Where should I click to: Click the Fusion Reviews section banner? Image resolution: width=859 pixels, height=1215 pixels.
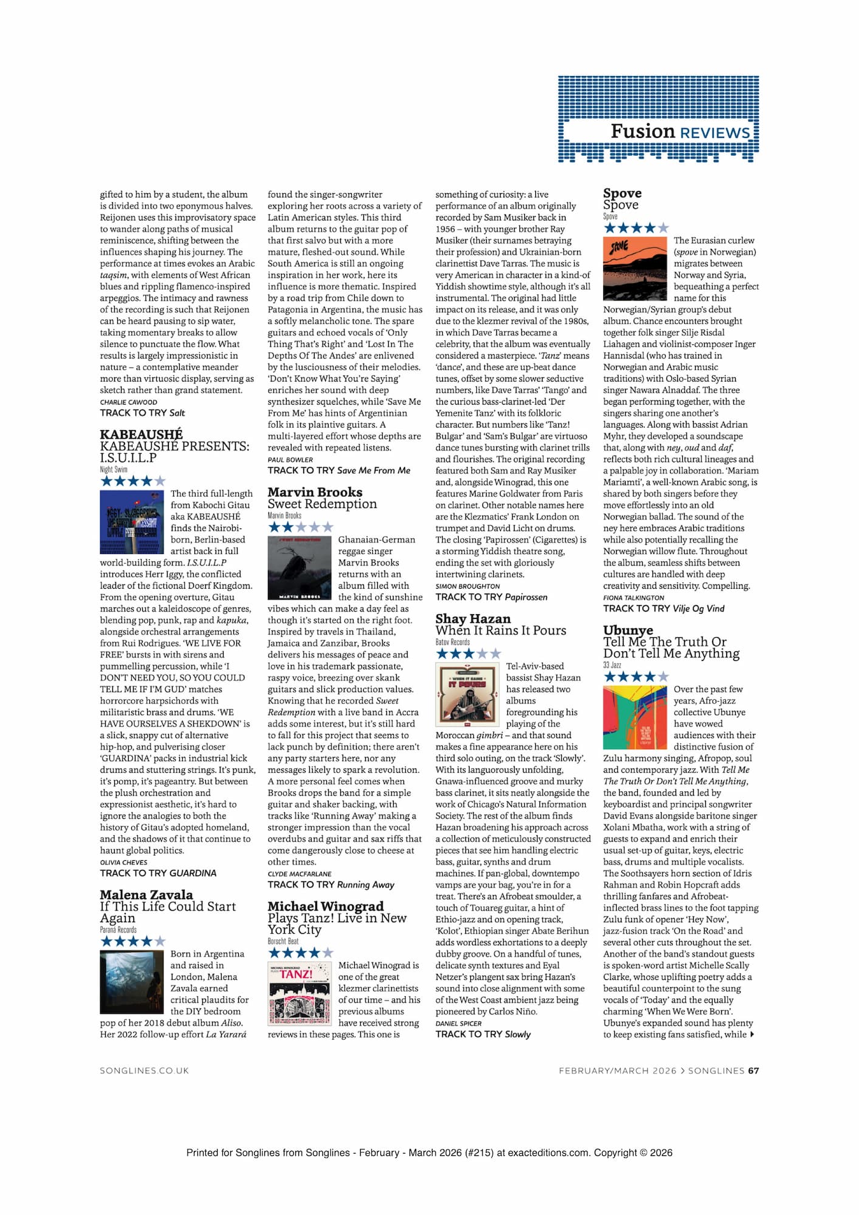coord(659,119)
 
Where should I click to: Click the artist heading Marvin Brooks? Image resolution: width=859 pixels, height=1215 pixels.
coord(315,492)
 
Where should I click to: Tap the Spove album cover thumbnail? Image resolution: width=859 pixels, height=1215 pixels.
coord(635,269)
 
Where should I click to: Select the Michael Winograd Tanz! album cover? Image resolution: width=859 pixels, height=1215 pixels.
coord(299,993)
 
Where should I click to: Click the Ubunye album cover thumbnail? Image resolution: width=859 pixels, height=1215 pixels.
coord(635,717)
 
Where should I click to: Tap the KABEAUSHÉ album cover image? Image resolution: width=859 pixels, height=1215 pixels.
coord(132,522)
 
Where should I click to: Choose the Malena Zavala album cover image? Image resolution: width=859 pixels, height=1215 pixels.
coord(132,982)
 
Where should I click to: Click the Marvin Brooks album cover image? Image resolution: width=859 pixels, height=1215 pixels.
coord(299,567)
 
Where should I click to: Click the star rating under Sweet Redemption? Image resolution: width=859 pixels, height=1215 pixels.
coord(301,527)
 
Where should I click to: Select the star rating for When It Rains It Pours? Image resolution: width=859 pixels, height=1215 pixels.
coord(468,654)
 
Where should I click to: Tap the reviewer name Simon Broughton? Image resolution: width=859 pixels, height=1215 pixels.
coord(467,586)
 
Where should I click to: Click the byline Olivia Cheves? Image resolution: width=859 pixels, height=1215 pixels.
coord(123,862)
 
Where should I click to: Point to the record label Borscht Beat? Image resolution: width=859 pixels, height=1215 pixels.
coord(283,941)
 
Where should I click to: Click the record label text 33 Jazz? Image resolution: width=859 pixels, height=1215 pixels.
coord(612,665)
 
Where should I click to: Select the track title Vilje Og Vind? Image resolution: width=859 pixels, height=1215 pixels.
coord(699,609)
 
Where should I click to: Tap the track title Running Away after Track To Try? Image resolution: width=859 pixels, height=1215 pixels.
coord(365,885)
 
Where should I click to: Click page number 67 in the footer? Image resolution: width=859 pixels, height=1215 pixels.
coord(753,1070)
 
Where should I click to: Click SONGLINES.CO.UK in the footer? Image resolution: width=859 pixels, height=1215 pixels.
coord(145,1070)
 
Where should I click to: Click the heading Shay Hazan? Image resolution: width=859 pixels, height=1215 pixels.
coord(473,618)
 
